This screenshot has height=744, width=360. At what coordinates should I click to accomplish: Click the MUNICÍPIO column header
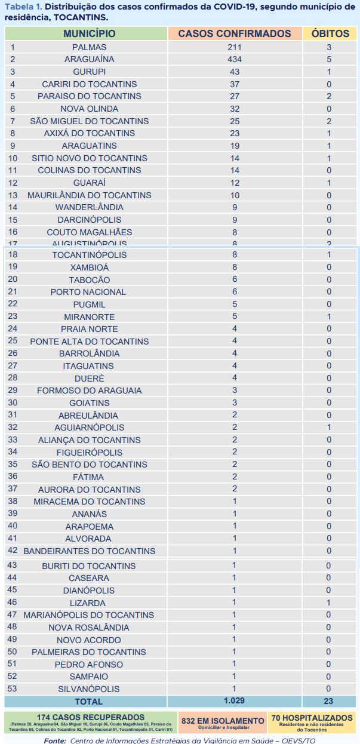click(90, 34)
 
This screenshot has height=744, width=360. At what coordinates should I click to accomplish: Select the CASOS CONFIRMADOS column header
click(235, 34)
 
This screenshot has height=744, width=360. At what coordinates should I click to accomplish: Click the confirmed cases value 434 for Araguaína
click(235, 59)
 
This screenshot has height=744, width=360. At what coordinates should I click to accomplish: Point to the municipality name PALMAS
click(90, 47)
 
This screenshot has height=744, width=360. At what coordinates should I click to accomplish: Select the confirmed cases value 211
click(235, 47)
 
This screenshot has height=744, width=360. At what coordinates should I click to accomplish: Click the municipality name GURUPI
click(90, 72)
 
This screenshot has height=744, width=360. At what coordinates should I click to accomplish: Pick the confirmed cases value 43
click(235, 72)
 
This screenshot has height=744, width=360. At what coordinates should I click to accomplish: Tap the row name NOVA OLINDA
click(90, 109)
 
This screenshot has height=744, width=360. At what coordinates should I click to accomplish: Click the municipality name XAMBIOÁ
click(90, 267)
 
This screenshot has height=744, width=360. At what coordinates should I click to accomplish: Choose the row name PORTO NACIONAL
click(88, 292)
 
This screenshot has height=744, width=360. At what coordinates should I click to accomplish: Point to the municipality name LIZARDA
click(88, 603)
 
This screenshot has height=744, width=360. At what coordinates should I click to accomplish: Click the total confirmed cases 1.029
click(235, 700)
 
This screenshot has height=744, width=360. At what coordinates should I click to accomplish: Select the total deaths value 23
click(328, 701)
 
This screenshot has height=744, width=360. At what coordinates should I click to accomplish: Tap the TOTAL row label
click(88, 701)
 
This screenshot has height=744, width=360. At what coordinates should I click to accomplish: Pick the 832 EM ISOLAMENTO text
click(222, 721)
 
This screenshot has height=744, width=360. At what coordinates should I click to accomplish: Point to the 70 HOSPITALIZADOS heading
click(312, 718)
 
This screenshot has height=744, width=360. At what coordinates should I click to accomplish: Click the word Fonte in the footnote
click(55, 740)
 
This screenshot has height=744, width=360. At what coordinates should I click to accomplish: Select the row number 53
click(12, 688)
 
